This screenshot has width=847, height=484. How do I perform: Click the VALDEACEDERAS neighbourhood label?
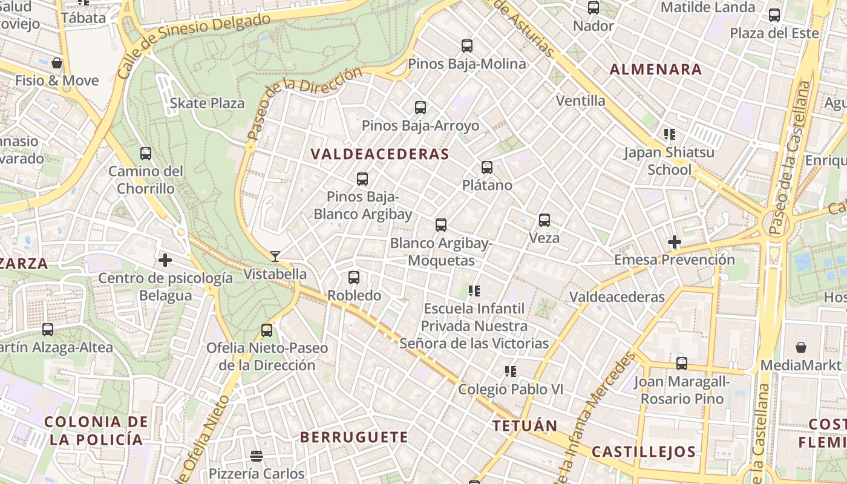(x=380, y=154)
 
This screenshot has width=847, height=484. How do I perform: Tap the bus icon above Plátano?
(x=487, y=168)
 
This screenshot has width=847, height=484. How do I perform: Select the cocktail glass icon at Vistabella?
(x=275, y=257)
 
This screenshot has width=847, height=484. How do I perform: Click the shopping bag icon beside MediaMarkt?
(x=801, y=347)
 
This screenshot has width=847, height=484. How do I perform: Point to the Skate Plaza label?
(x=207, y=103)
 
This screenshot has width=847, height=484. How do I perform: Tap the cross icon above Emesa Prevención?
(x=675, y=243)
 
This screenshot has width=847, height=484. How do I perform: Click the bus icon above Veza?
(x=544, y=220)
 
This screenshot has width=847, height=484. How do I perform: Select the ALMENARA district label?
(x=656, y=70)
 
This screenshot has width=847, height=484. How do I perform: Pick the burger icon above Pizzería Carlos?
(x=257, y=456)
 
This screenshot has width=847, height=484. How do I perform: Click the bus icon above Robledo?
(x=354, y=278)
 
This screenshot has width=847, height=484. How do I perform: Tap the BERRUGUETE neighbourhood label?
(x=354, y=437)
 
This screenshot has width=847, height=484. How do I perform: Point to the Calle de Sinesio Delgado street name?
(x=194, y=45)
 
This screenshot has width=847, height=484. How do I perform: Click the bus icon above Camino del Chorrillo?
(x=146, y=154)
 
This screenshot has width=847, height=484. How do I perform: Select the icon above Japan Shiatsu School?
(x=669, y=134)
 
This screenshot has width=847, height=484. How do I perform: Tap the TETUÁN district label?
(x=525, y=425)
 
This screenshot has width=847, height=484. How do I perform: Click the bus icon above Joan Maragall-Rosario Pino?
(x=682, y=364)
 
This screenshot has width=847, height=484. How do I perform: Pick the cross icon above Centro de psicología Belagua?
(x=165, y=261)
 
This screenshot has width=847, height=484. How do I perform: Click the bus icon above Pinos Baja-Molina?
(x=467, y=46)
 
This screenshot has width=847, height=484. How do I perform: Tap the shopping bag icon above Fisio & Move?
(x=57, y=63)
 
